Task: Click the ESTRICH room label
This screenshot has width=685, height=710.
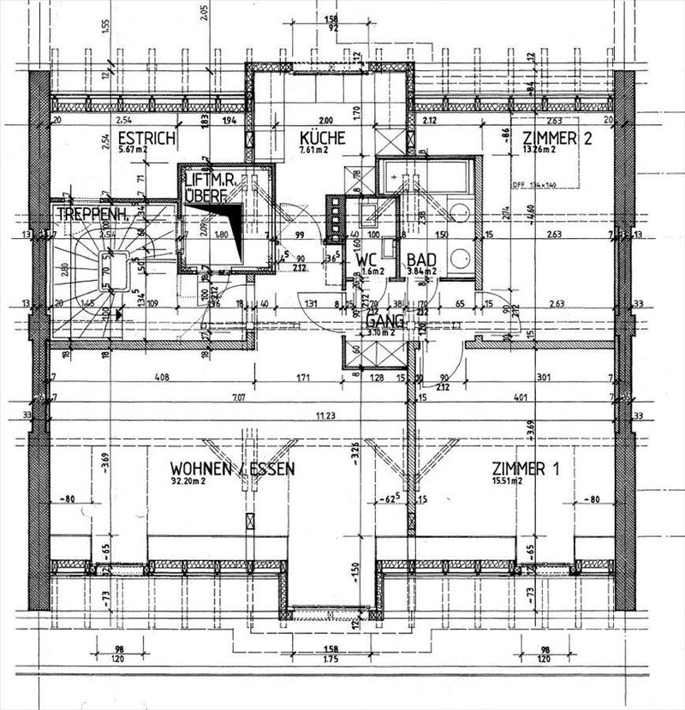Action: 147,138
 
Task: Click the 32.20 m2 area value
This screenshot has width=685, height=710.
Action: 188,482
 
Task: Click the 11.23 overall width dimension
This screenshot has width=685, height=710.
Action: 323,417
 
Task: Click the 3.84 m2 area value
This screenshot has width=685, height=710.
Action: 423,271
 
